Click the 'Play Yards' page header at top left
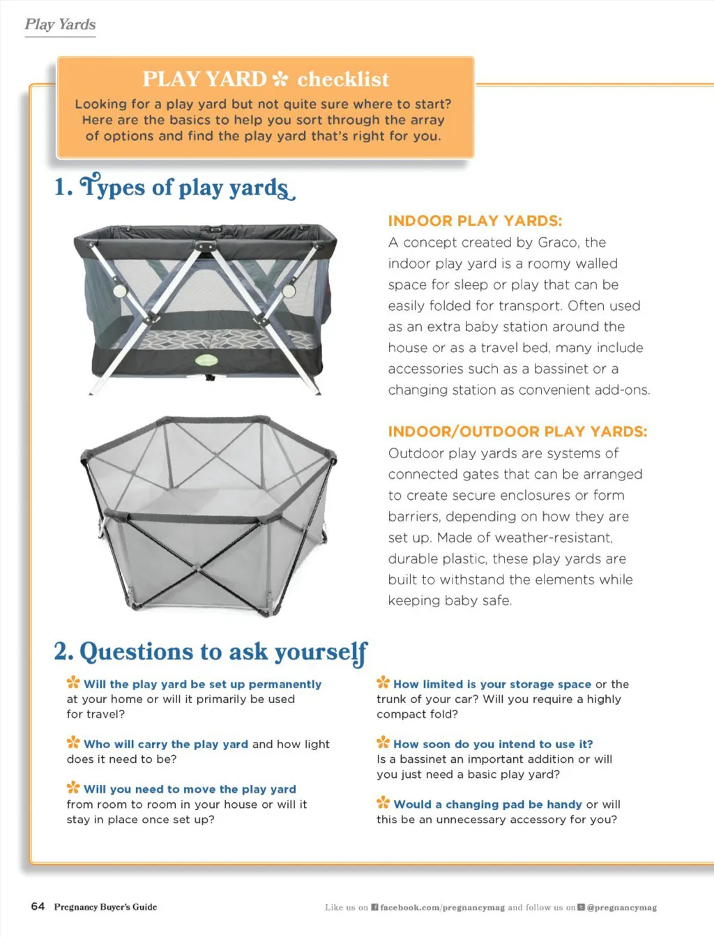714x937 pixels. pos(60,25)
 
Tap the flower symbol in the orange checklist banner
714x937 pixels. pos(280,79)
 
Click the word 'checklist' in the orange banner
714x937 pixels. pos(343,79)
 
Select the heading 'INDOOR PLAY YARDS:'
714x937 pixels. pos(475,221)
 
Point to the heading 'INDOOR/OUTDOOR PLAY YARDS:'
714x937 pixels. pos(517,432)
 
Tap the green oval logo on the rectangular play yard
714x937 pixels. pos(206,360)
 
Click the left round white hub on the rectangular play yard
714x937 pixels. pos(120,291)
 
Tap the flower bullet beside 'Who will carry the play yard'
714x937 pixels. pos(73,742)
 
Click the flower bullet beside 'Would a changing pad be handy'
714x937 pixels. pos(383,802)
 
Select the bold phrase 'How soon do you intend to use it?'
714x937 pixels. pos(493,744)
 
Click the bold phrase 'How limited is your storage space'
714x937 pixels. pos(492,685)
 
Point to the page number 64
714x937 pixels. pos(38,906)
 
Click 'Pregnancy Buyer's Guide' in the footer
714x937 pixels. pos(105,907)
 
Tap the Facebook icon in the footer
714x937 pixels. pos(374,907)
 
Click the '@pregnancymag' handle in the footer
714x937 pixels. pos(622,908)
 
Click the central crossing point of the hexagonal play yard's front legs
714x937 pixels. pos(197,567)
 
